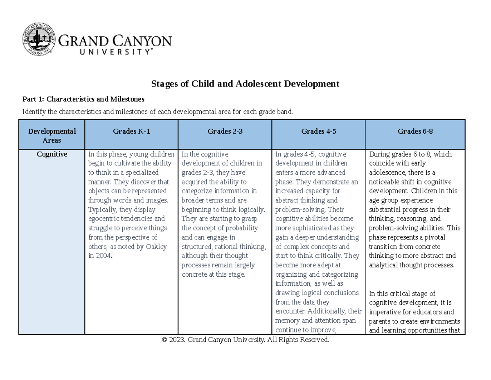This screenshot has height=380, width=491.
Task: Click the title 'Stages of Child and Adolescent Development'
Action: [x=245, y=84]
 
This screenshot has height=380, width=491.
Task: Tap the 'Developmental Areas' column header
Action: [x=52, y=136]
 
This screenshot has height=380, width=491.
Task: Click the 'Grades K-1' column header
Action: [x=131, y=132]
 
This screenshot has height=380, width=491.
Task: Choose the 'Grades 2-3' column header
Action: [x=225, y=132]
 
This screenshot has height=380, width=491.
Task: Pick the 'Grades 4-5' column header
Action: [x=318, y=132]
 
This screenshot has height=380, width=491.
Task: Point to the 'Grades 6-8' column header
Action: [x=415, y=132]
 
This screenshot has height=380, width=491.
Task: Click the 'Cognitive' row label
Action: [x=52, y=155]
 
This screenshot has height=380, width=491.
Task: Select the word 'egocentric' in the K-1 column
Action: [x=105, y=219]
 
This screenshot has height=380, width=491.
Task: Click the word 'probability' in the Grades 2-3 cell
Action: [x=243, y=228]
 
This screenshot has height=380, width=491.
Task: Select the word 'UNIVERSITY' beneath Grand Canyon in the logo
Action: [x=106, y=52]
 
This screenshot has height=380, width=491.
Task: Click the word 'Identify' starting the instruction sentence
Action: [x=33, y=111]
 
